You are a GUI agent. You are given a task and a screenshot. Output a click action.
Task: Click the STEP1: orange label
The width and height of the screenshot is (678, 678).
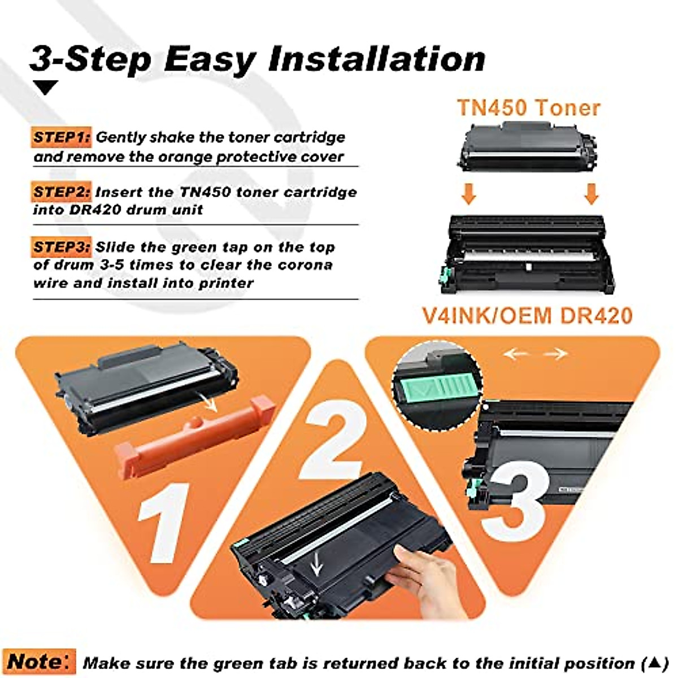click(62, 137)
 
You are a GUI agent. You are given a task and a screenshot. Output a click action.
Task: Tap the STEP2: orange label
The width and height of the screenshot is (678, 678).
click(62, 192)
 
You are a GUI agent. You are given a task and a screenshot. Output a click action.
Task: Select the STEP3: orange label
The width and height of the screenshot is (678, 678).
click(62, 247)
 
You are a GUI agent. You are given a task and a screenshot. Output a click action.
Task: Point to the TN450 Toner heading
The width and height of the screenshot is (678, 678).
click(528, 107)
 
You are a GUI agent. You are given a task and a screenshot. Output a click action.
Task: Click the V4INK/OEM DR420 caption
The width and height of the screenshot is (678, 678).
click(528, 315)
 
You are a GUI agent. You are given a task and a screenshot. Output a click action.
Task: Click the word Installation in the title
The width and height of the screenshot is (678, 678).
click(377, 59)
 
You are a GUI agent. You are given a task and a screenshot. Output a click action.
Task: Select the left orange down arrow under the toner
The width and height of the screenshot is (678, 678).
click(469, 193)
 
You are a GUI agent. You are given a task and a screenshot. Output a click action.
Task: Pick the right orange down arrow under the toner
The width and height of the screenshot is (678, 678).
click(591, 193)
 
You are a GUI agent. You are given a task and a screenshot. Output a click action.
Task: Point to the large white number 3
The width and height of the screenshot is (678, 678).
click(517, 500)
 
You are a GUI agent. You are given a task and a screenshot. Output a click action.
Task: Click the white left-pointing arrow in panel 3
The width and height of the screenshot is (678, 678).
click(515, 354)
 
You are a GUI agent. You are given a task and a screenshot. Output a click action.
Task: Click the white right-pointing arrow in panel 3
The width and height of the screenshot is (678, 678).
click(556, 354)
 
